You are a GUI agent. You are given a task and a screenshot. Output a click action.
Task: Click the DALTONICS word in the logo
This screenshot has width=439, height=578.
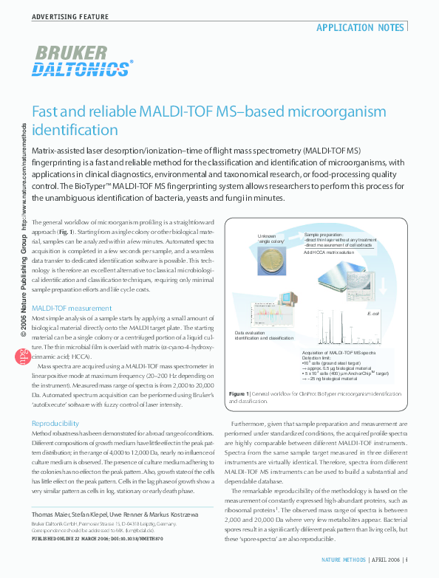pos(81,69)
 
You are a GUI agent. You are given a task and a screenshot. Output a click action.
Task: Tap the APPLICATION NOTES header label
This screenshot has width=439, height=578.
pos(360,28)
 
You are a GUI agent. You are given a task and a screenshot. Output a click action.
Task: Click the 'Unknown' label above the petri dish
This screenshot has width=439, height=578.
pos(267,235)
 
